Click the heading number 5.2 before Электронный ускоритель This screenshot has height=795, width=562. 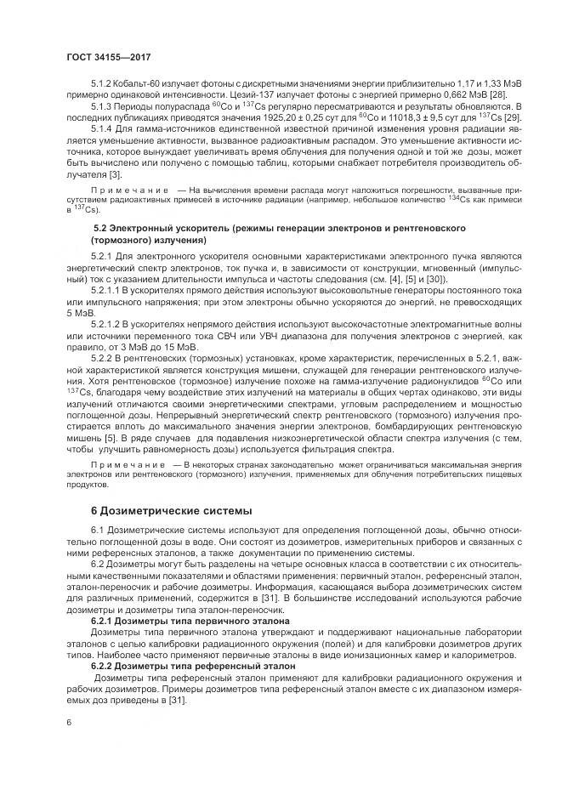click(x=99, y=229)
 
